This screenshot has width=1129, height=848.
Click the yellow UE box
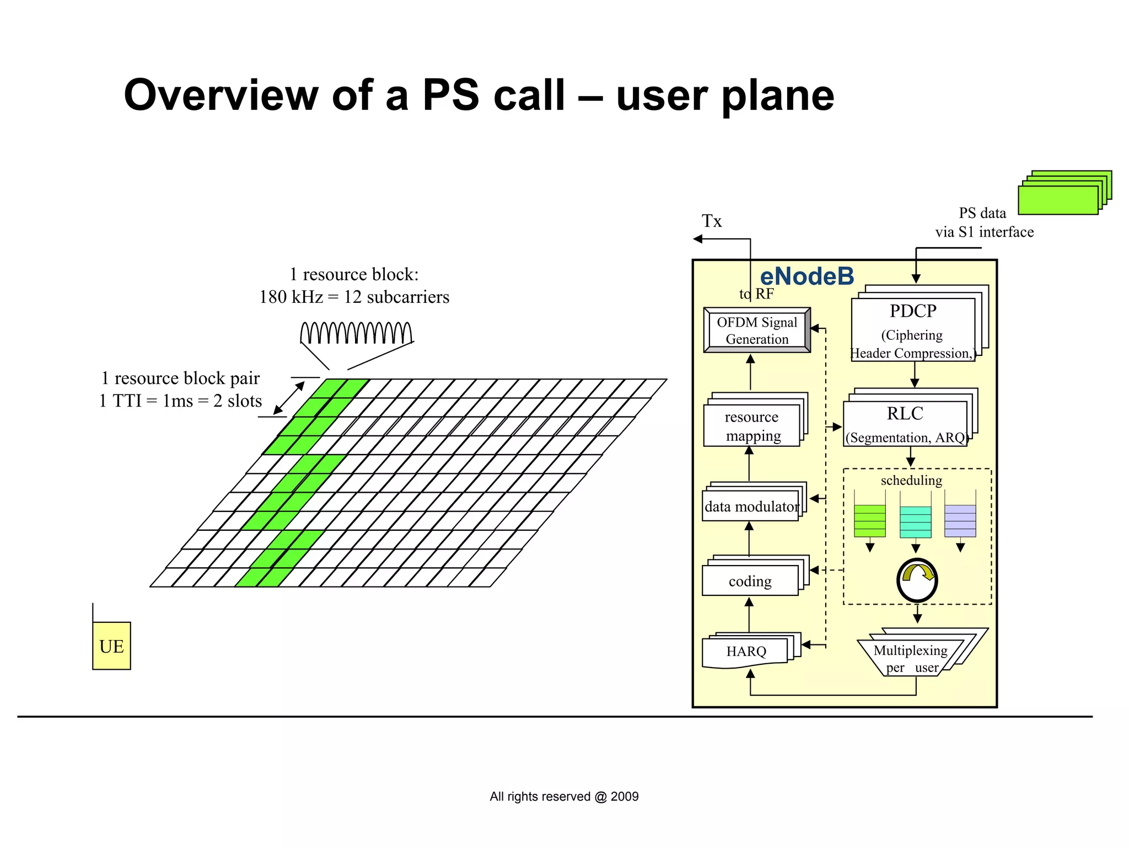111,646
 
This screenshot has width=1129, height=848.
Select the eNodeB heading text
807,276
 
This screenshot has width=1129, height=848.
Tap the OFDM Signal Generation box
757,330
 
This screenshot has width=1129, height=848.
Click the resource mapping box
752,426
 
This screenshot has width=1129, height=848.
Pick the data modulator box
751,506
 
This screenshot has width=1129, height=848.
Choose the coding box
750,581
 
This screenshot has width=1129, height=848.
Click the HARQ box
746,652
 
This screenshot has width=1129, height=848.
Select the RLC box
905,423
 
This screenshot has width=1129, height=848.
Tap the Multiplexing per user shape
911,658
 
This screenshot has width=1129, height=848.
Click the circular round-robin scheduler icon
917,580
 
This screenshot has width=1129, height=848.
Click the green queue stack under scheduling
869,521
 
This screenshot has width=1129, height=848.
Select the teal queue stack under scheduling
915,521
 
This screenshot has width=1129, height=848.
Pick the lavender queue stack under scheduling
960,521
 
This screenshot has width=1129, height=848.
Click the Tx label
711,221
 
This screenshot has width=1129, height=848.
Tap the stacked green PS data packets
1063,193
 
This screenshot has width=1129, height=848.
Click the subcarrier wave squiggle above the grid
356,333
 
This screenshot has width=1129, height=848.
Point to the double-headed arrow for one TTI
289,398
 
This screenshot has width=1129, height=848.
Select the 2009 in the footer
625,796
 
